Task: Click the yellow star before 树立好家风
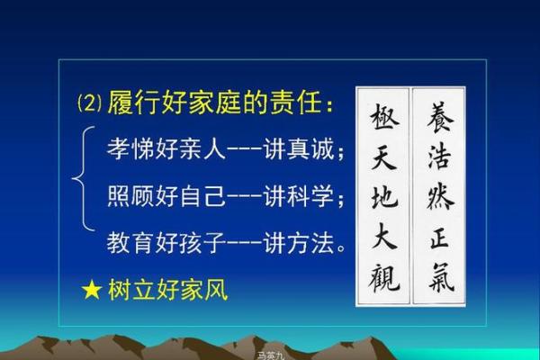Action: [x=92, y=290]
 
